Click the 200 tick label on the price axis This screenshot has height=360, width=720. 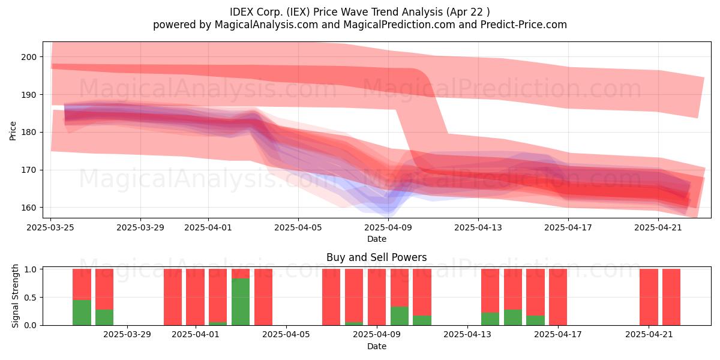29,57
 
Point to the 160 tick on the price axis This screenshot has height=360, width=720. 29,208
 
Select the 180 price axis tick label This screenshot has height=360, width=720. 29,133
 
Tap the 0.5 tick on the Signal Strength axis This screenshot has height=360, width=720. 31,298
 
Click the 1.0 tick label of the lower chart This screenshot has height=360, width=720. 31,269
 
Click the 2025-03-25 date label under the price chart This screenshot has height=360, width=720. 50,227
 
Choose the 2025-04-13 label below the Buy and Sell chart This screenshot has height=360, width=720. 467,335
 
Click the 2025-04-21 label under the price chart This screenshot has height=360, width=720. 658,227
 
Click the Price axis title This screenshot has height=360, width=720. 13,131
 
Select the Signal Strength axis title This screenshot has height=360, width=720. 15,296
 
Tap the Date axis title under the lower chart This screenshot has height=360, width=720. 377,347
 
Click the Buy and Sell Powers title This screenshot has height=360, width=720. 377,257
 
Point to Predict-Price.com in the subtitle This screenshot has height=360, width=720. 524,25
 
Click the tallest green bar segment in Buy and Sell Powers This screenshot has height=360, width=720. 241,302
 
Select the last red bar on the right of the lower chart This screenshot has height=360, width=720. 671,297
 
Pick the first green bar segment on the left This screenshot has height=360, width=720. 82,313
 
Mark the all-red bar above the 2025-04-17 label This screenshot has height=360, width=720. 558,297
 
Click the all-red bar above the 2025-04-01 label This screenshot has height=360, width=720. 195,297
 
